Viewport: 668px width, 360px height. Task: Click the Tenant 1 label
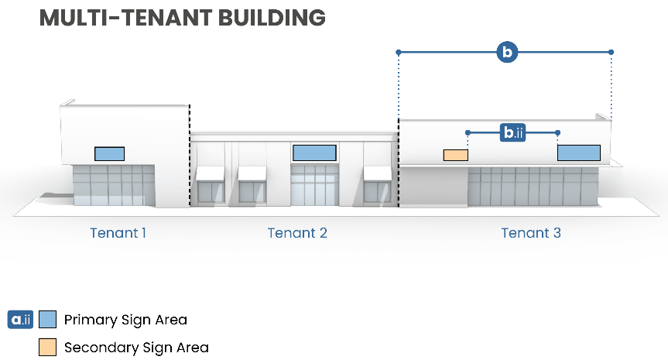(118, 232)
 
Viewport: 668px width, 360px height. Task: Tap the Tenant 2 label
(297, 232)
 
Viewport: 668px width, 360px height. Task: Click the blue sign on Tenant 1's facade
(109, 153)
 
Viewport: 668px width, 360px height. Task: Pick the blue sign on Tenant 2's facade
(313, 153)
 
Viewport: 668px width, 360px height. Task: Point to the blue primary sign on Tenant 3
(578, 153)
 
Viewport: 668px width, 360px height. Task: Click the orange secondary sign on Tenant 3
(455, 155)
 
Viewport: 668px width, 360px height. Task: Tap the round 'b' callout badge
(506, 52)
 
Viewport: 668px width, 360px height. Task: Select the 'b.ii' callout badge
(514, 133)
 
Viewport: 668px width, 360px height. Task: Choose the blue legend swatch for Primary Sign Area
(48, 319)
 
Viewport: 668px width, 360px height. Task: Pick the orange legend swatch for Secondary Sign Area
(48, 347)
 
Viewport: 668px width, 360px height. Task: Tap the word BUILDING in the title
(275, 18)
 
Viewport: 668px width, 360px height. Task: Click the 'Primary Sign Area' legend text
(125, 319)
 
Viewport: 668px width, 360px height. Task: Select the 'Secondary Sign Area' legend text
(136, 348)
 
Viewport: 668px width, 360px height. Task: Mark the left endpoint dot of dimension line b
(399, 52)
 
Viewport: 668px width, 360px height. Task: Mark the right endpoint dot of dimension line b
(611, 52)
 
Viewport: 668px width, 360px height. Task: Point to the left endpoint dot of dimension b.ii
(468, 133)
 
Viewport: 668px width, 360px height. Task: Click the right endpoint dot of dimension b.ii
(558, 133)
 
